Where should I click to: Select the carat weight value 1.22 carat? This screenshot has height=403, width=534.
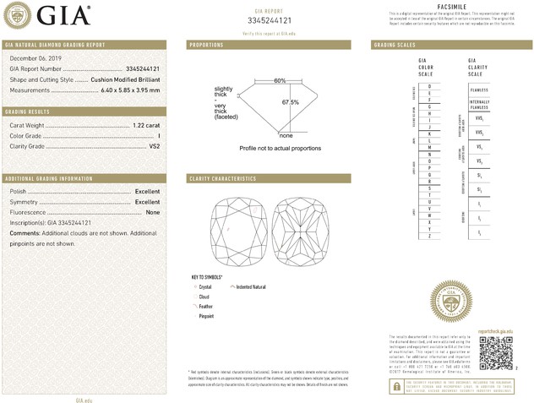pyautogui.click(x=146, y=125)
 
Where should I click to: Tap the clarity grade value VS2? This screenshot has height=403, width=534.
pyautogui.click(x=154, y=146)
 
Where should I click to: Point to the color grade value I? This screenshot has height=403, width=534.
pyautogui.click(x=158, y=135)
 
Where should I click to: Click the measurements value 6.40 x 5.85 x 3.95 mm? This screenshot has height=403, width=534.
pyautogui.click(x=130, y=90)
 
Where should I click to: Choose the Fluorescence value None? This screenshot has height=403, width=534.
pyautogui.click(x=153, y=212)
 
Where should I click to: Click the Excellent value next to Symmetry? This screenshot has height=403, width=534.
pyautogui.click(x=147, y=202)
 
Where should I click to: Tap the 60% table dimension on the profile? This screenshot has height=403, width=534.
pyautogui.click(x=280, y=79)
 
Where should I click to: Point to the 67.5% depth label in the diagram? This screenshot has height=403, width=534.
pyautogui.click(x=291, y=103)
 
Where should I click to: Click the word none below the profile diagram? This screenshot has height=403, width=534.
pyautogui.click(x=286, y=135)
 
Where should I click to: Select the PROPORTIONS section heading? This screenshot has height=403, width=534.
pyautogui.click(x=206, y=44)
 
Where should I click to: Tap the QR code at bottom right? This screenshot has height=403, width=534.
pyautogui.click(x=496, y=354)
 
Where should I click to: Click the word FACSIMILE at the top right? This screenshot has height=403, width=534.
pyautogui.click(x=452, y=6)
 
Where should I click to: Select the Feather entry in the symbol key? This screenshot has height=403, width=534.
pyautogui.click(x=205, y=307)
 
